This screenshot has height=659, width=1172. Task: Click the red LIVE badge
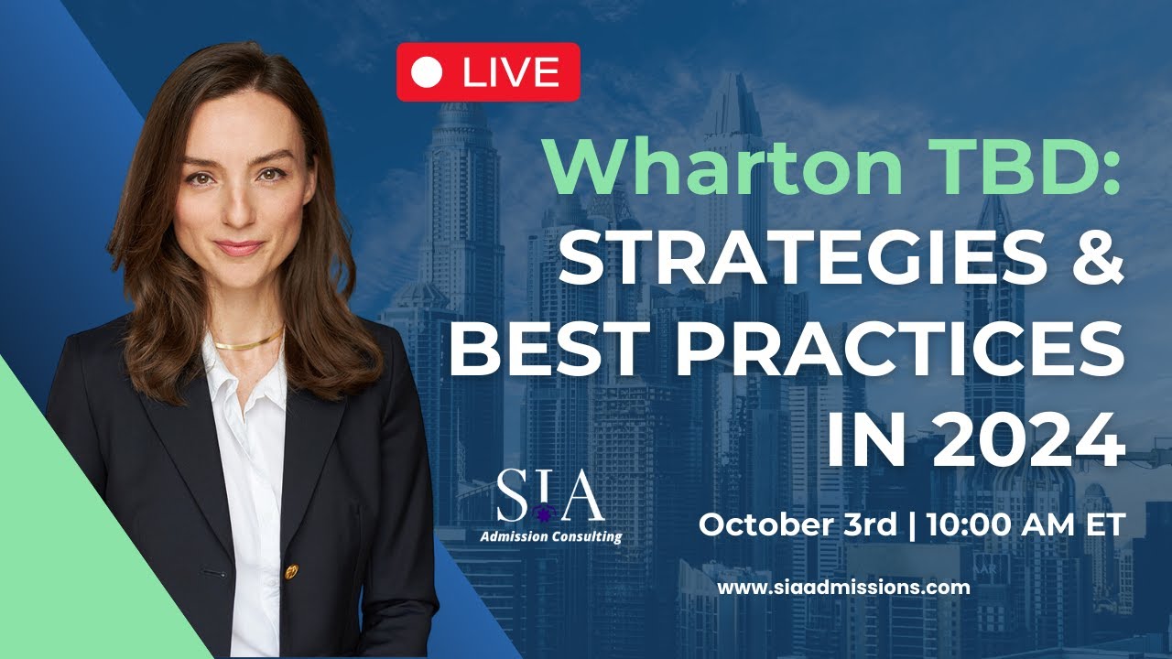point(488,71)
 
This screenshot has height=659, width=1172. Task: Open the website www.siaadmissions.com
point(843,588)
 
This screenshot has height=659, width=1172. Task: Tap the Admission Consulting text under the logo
point(550,536)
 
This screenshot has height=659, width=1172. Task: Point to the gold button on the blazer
point(291,571)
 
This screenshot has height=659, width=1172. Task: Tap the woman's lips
point(239,246)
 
